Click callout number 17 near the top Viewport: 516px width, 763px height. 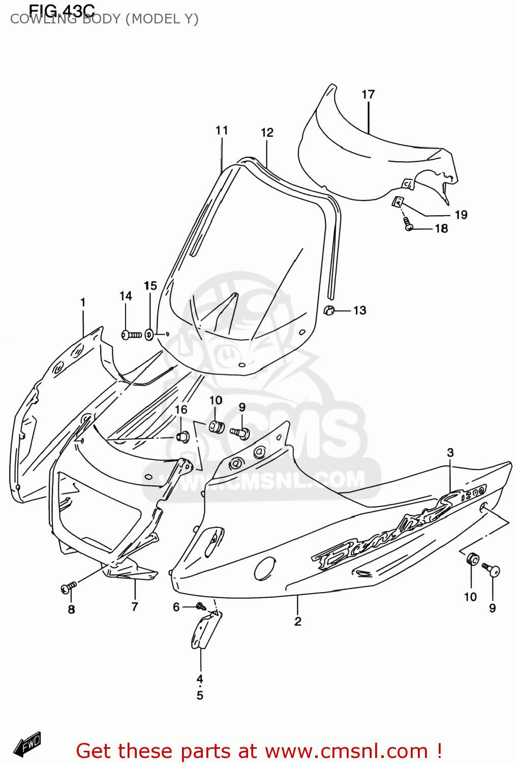[x=368, y=95]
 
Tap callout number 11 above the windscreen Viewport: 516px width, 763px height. [x=222, y=131]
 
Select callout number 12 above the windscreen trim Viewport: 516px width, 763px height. [x=267, y=133]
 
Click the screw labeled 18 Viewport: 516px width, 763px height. [x=408, y=224]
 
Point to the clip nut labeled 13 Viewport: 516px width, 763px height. [x=329, y=309]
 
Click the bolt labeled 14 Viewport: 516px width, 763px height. [x=131, y=335]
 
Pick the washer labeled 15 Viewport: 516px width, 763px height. [x=149, y=335]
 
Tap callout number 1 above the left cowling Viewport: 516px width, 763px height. [x=83, y=303]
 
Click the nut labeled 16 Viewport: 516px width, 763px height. [x=183, y=436]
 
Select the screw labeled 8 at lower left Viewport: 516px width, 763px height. [x=68, y=588]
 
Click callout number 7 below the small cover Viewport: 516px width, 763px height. [x=135, y=606]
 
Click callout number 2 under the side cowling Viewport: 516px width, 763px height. [x=298, y=621]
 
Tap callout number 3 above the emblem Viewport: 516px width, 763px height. [x=450, y=453]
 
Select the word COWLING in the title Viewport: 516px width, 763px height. [x=43, y=19]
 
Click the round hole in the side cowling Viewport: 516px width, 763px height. [x=265, y=568]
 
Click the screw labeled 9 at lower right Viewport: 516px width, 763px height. [x=492, y=570]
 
